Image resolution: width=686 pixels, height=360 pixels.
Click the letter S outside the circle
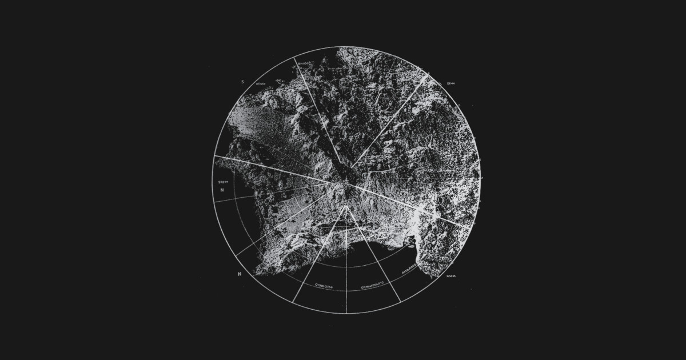point(242,82)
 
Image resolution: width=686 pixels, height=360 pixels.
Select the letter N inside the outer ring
point(222,190)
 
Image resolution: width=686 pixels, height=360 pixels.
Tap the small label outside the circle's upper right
point(450,83)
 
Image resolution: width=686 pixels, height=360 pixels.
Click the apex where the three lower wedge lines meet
point(346,206)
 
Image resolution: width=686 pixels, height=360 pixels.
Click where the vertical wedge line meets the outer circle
point(346,313)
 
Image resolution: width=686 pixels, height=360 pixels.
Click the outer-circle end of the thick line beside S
point(295,58)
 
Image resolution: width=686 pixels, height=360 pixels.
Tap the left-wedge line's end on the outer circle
point(293,302)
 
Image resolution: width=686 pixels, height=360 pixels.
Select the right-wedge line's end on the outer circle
point(400,302)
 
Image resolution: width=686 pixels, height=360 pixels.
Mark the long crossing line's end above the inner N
point(214,155)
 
